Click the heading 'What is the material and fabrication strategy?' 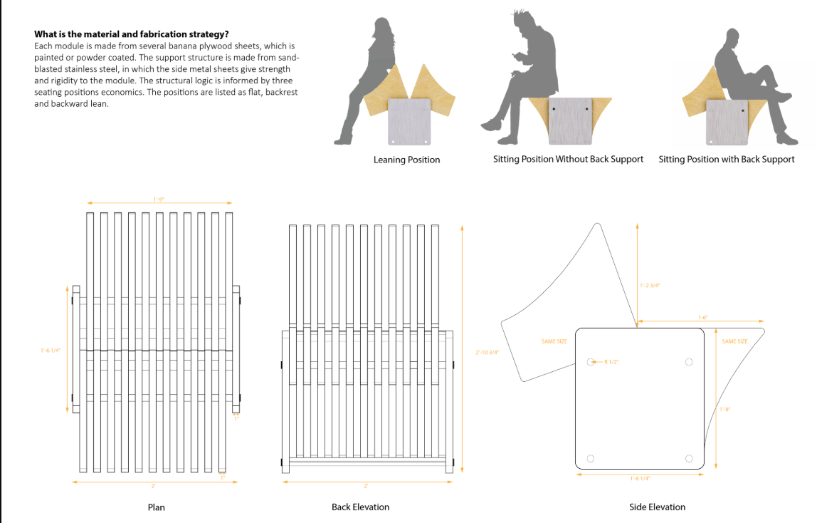click(131, 33)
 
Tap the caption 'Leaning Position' click(406, 160)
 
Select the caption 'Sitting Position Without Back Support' click(568, 159)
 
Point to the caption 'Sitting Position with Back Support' click(726, 159)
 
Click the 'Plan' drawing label click(156, 507)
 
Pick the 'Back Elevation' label click(360, 507)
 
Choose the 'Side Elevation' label click(657, 507)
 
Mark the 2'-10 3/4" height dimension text click(487, 353)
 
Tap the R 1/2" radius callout click(611, 362)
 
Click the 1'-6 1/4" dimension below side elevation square click(640, 478)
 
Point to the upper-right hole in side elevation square click(688, 362)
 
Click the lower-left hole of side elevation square click(590, 458)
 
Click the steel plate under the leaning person click(410, 121)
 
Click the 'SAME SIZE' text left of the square click(554, 341)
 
